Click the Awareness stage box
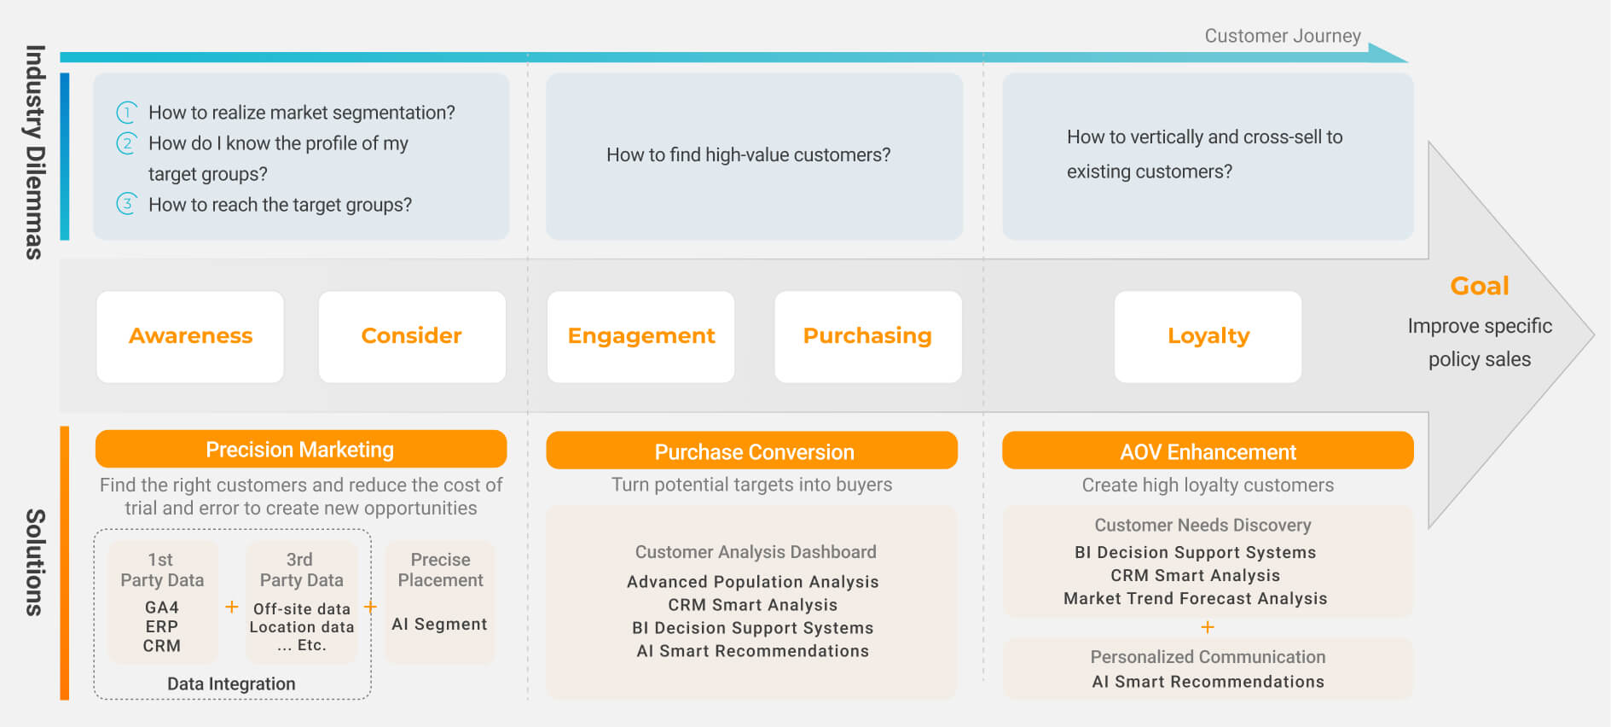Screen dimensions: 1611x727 [190, 336]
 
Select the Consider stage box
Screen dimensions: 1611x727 [412, 336]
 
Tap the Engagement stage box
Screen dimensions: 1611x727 [641, 336]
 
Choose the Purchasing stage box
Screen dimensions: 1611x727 [868, 336]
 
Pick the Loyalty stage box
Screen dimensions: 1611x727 [1208, 336]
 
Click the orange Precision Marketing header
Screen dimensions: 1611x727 [301, 449]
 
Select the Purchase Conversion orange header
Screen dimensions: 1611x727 [752, 451]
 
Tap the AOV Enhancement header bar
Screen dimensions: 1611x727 [1208, 451]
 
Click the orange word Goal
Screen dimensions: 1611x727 [1480, 286]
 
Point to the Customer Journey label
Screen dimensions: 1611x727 [1283, 36]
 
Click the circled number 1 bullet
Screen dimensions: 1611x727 [126, 112]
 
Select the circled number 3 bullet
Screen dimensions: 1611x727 [126, 204]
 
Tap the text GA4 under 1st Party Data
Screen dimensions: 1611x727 [162, 608]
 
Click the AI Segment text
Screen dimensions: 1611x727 [439, 624]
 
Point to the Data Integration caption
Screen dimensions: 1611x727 [231, 683]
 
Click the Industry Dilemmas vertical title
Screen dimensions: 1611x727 [34, 152]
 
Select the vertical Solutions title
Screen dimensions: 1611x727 [34, 562]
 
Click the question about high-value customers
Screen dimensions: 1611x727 [749, 154]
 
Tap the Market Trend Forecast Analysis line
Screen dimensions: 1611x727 [1195, 598]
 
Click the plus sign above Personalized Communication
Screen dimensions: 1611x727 [1208, 627]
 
